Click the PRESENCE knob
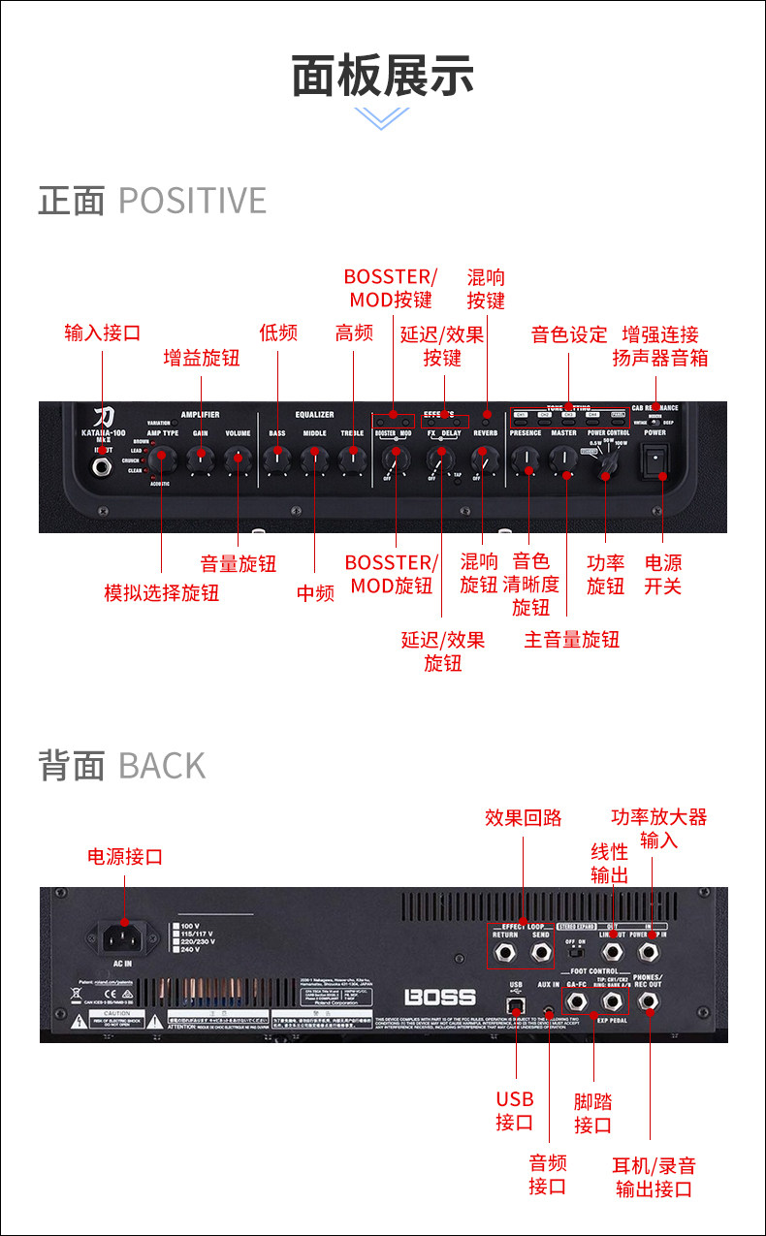(526, 460)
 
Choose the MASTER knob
(564, 460)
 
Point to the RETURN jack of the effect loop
(505, 953)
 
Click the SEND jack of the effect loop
(541, 953)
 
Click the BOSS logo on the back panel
(440, 997)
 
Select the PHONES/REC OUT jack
(647, 1000)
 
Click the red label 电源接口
(125, 857)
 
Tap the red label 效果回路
(524, 817)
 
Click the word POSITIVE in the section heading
(192, 201)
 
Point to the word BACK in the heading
(162, 766)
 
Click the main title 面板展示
(383, 76)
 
